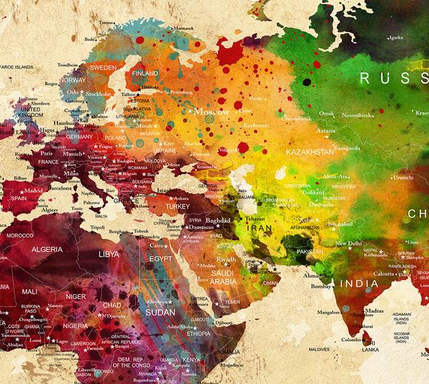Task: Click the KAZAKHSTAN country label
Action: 310,152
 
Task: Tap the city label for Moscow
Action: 212,112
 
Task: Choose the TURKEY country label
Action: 179,206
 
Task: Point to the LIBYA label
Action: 109,253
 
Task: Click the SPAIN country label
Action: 18,198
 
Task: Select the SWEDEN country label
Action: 102,66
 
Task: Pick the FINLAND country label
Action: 145,73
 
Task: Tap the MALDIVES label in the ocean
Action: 320,348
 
